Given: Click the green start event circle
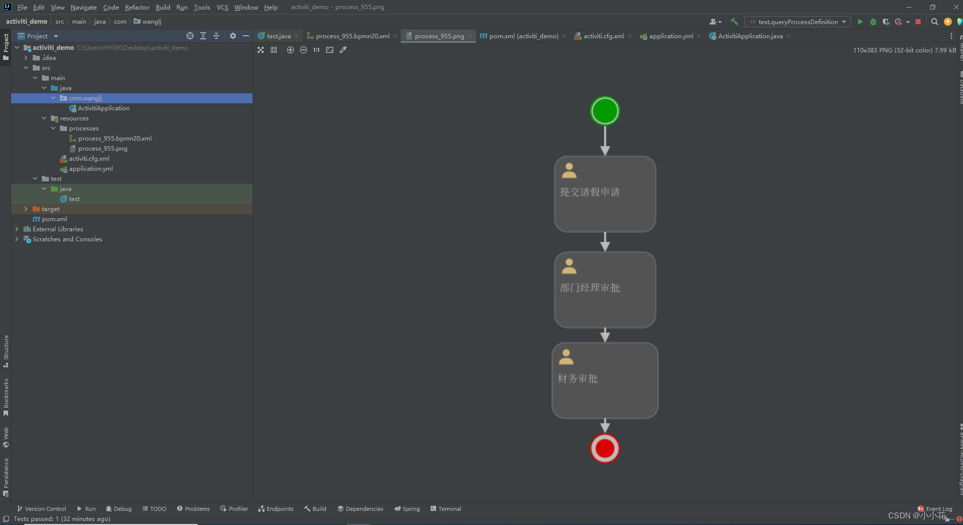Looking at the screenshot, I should pyautogui.click(x=605, y=111).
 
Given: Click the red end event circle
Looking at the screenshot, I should pyautogui.click(x=605, y=448).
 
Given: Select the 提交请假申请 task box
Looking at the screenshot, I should pyautogui.click(x=605, y=194).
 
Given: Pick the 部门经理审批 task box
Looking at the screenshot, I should pyautogui.click(x=605, y=290).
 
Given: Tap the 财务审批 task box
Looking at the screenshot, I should pyautogui.click(x=605, y=380).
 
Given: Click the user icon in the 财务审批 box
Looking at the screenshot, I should pyautogui.click(x=566, y=357).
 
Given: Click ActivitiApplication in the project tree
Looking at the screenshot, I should pyautogui.click(x=103, y=108).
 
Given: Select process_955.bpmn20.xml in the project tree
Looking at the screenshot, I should pyautogui.click(x=114, y=139).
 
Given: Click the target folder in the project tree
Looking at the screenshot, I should pyautogui.click(x=50, y=209).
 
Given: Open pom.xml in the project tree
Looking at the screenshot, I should pyautogui.click(x=54, y=219).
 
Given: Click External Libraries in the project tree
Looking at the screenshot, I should pyautogui.click(x=57, y=229).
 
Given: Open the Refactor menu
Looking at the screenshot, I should pyautogui.click(x=137, y=8).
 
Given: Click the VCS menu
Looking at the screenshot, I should pyautogui.click(x=222, y=8).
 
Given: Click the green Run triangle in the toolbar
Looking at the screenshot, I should pyautogui.click(x=860, y=22).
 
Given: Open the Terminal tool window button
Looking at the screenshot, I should pyautogui.click(x=449, y=509).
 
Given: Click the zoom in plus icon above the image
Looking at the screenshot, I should pyautogui.click(x=290, y=50).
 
